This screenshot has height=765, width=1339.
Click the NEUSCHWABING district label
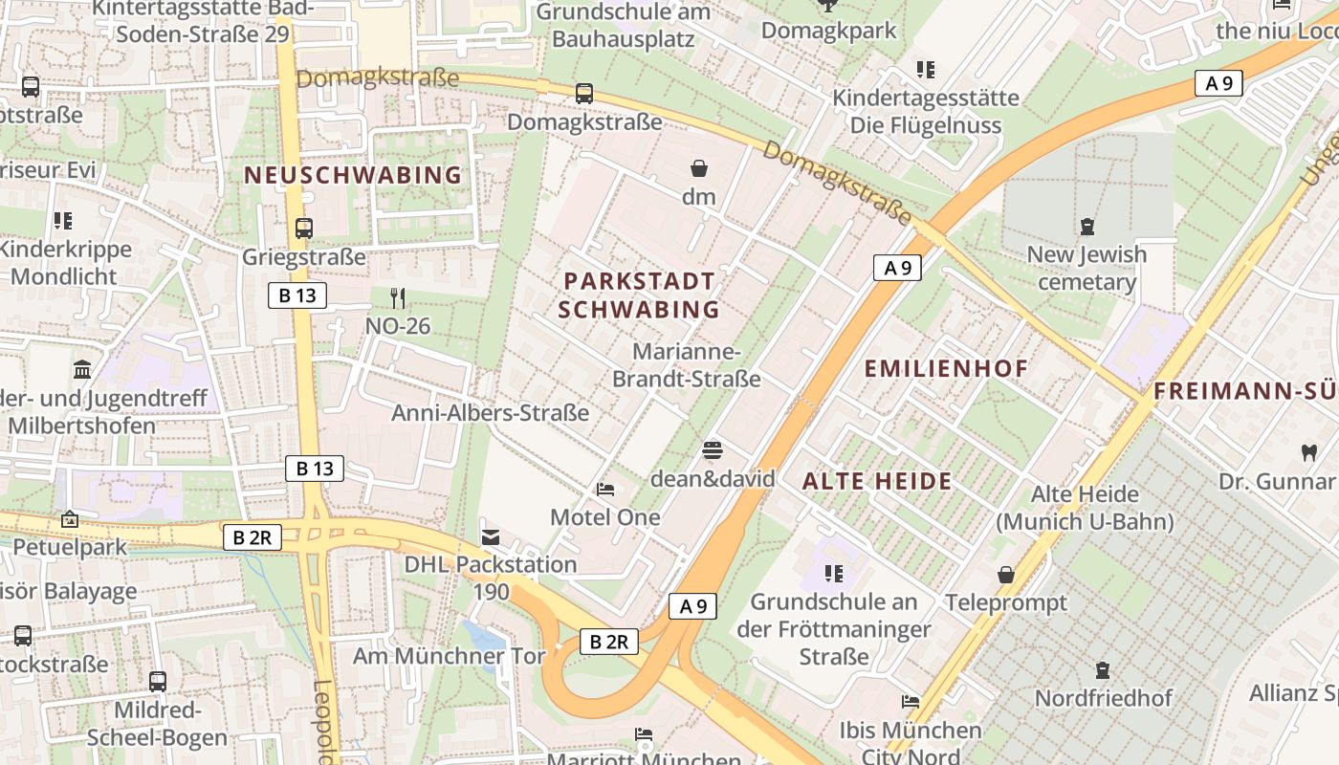[x=353, y=175]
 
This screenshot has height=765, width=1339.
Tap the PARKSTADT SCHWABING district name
[x=639, y=295]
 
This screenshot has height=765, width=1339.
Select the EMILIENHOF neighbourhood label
[x=946, y=368]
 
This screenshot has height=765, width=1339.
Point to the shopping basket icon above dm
[x=699, y=169]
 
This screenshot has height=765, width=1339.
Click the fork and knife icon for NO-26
[x=398, y=298]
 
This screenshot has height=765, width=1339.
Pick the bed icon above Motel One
[x=605, y=490]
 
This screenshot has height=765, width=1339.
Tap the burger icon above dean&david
[x=713, y=449]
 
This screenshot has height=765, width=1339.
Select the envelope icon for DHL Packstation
[x=491, y=536]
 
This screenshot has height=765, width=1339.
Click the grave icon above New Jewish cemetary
[x=1087, y=227]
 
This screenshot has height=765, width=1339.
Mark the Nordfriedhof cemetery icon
[x=1103, y=670]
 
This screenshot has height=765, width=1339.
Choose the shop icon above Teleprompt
[x=1005, y=575]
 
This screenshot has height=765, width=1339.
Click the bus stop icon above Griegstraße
[x=304, y=229]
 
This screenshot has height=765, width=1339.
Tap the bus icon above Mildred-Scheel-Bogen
[x=158, y=682]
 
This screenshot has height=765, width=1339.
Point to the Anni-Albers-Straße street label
[x=490, y=413]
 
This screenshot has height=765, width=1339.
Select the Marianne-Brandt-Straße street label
[x=686, y=365]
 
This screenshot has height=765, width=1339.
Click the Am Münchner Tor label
[x=449, y=656]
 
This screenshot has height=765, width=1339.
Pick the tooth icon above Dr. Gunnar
[x=1309, y=452]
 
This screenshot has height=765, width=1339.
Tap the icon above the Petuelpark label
[x=69, y=520]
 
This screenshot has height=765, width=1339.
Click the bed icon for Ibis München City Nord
[x=911, y=703]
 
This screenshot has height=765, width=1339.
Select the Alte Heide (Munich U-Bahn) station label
[x=1085, y=508]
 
